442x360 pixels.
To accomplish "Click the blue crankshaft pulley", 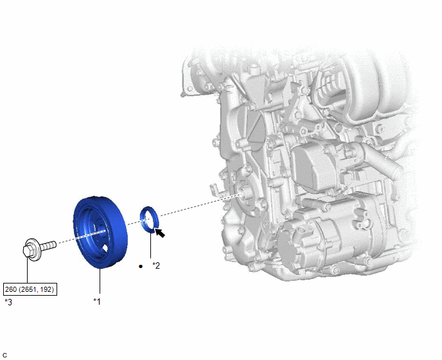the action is [x=100, y=232].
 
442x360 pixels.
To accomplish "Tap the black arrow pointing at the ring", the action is [x=160, y=233].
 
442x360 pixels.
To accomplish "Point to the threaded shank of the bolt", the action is [x=48, y=246].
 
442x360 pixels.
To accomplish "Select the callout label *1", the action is [x=97, y=301].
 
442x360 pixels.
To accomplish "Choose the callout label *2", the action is [x=156, y=265].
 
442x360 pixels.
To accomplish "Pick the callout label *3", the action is [x=8, y=302].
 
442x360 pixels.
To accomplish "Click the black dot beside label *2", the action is [x=141, y=266].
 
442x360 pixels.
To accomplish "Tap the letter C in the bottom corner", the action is [x=4, y=355].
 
